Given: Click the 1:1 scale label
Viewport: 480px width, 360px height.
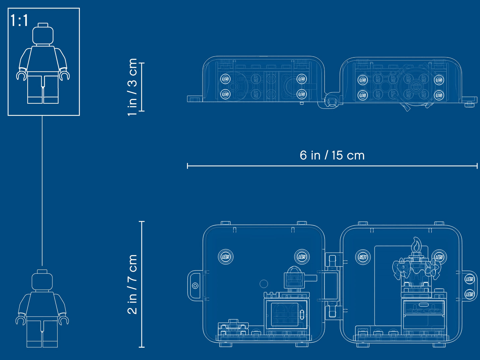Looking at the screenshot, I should [x=19, y=21].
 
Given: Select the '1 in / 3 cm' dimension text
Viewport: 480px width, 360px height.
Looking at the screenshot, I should [x=132, y=87].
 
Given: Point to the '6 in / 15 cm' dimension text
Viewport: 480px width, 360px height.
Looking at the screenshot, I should [x=332, y=155].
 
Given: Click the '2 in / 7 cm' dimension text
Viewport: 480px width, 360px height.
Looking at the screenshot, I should [x=132, y=284].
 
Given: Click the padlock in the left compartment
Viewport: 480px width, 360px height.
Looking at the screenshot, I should [x=294, y=277].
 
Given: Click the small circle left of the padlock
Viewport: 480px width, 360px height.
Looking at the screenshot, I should [x=264, y=284].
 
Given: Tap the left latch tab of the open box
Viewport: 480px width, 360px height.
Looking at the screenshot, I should [x=195, y=286].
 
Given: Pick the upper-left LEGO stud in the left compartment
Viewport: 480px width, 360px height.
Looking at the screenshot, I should [x=226, y=257].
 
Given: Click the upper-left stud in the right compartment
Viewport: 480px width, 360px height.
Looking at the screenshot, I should [x=363, y=257].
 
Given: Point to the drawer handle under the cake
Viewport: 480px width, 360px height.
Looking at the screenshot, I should [x=424, y=304].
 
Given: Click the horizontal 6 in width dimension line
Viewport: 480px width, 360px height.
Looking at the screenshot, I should [x=332, y=166].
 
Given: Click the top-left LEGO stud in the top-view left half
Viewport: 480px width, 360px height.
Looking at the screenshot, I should [x=225, y=79].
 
